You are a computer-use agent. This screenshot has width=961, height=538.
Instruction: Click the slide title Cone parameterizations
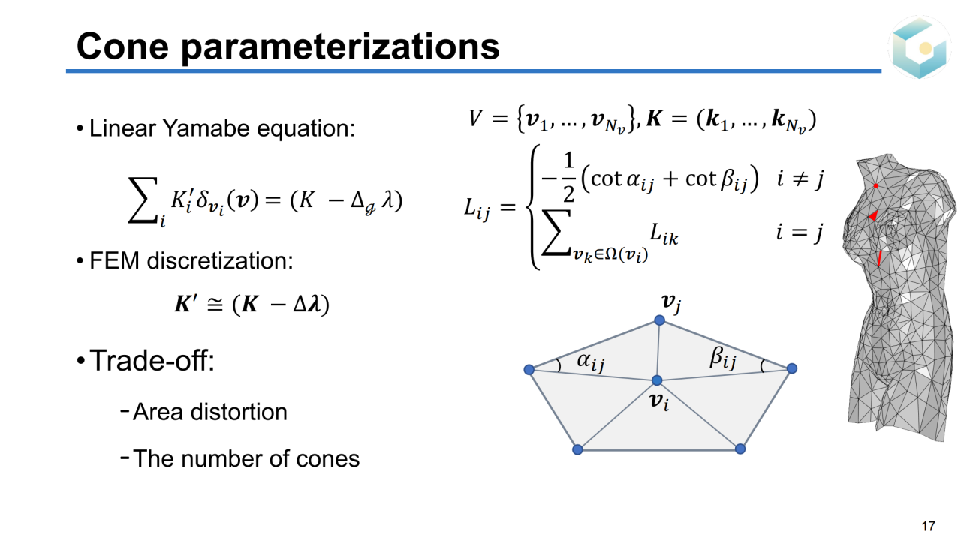288,46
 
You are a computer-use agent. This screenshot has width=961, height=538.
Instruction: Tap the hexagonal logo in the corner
920,47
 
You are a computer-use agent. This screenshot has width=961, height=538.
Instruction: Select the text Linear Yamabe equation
221,128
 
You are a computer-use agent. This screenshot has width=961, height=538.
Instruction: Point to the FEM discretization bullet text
191,260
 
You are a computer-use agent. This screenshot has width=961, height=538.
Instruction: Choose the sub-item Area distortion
209,412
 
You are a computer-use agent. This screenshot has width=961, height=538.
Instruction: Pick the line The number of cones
246,458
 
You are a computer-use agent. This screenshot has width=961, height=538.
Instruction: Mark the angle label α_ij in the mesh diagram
590,362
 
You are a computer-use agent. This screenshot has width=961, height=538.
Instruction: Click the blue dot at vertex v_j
659,320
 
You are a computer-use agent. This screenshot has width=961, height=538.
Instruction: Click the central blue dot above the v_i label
657,380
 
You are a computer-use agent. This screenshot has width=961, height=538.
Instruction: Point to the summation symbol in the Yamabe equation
142,204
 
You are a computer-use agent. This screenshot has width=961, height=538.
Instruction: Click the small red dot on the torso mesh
875,185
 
